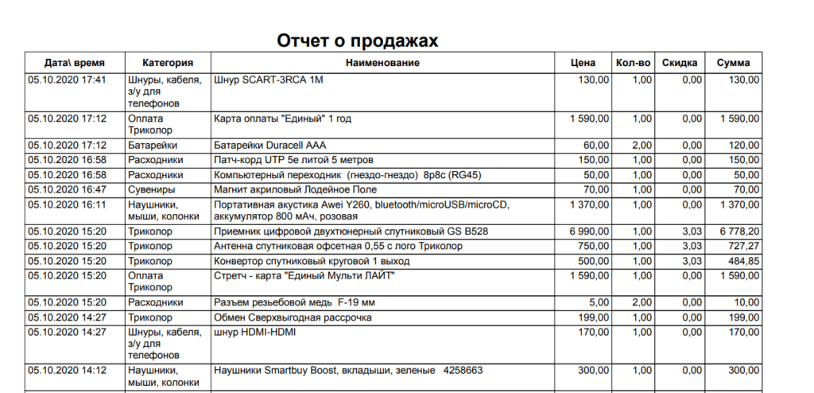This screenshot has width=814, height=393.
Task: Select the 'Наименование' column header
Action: [382, 63]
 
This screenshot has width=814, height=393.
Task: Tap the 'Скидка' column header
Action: [680, 63]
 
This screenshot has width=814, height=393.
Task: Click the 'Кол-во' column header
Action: [633, 63]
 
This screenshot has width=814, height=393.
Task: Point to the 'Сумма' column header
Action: [734, 63]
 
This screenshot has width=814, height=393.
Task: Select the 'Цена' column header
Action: [583, 63]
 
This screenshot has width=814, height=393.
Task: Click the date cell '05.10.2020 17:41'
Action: [67, 80]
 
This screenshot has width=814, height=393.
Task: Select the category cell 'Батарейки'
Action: [152, 146]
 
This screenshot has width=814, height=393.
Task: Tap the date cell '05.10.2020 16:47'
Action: [67, 190]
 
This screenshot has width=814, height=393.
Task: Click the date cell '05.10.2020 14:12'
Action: [67, 370]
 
